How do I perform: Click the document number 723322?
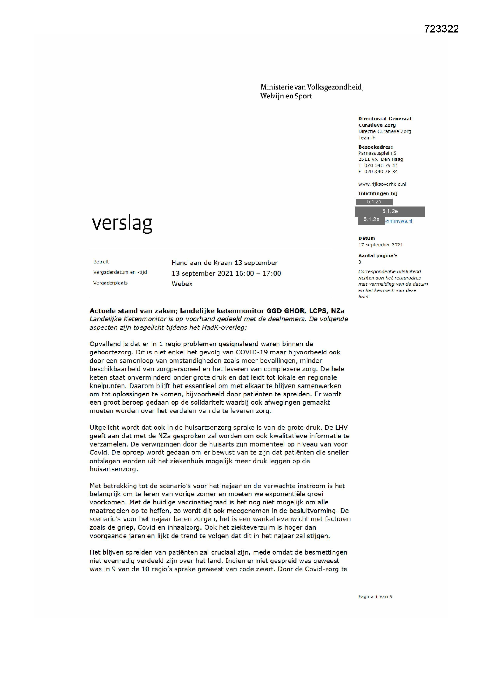coord(441,29)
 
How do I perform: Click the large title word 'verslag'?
coord(122,223)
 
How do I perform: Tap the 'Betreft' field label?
coord(101,262)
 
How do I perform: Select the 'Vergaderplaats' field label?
coord(110,283)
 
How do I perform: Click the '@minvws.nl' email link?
coord(399,221)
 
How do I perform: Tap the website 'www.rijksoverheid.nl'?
coord(382,184)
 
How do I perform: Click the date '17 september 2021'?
coord(381,245)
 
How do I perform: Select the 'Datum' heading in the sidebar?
coord(367,238)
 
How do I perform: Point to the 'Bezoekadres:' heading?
coord(375,147)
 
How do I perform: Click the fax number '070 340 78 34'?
coord(381,172)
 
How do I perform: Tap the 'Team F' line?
coord(367,137)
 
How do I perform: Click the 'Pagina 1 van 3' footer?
coord(375,597)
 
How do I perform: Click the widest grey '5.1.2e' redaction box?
coord(390,211)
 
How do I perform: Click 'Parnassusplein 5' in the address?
coord(377,153)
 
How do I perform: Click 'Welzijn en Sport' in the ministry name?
coord(286,96)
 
